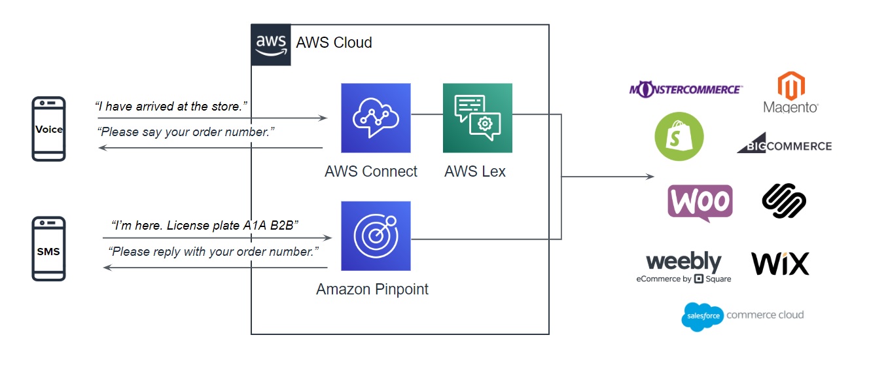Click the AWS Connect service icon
[x=376, y=118]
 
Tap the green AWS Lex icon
[x=477, y=118]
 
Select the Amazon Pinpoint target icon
[x=376, y=236]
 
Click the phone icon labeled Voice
[x=49, y=129]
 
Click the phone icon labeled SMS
[x=49, y=250]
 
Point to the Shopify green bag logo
[x=679, y=136]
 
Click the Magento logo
[x=790, y=92]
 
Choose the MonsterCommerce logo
[x=685, y=89]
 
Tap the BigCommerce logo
[x=784, y=145]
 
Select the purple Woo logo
[x=700, y=202]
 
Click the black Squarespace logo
[x=783, y=200]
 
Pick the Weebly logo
[x=684, y=267]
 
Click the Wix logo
[x=780, y=263]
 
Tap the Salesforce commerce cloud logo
[x=742, y=316]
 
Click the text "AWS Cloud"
[x=334, y=43]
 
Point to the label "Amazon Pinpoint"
[x=372, y=289]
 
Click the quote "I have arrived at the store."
[x=171, y=106]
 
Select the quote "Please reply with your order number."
[x=213, y=251]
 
